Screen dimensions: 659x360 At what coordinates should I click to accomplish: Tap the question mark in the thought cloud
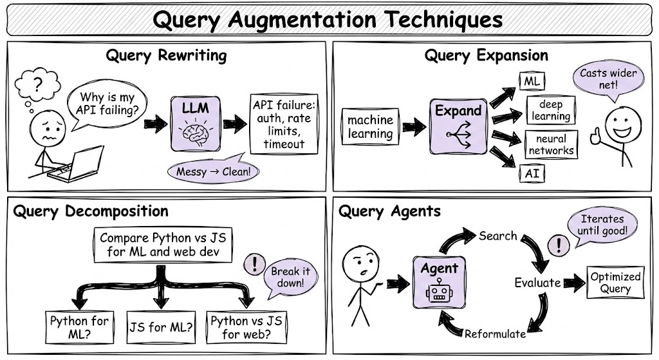pyautogui.click(x=38, y=84)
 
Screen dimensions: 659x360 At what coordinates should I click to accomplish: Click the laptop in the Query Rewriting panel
pyautogui.click(x=77, y=165)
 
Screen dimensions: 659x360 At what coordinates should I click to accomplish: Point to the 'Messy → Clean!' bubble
pyautogui.click(x=212, y=169)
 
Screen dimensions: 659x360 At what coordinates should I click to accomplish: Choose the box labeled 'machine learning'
pyautogui.click(x=370, y=127)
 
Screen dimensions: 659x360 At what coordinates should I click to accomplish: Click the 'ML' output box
pyautogui.click(x=532, y=81)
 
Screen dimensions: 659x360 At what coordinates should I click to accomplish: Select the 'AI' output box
pyautogui.click(x=532, y=173)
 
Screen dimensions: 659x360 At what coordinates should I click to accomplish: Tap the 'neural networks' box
pyautogui.click(x=551, y=145)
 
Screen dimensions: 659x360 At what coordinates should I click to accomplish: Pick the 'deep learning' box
pyautogui.click(x=551, y=110)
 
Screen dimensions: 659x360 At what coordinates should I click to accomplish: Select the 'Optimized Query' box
pyautogui.click(x=615, y=283)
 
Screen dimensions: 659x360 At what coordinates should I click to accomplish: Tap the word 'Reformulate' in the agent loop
pyautogui.click(x=495, y=334)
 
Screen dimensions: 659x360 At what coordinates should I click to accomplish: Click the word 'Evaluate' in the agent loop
pyautogui.click(x=537, y=283)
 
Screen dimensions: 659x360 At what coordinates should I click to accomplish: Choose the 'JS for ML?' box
pyautogui.click(x=161, y=327)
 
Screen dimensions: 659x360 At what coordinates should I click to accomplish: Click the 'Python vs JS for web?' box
pyautogui.click(x=246, y=327)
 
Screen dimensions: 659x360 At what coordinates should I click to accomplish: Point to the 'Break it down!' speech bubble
pyautogui.click(x=290, y=277)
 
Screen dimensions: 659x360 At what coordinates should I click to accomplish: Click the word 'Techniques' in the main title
pyautogui.click(x=444, y=19)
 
